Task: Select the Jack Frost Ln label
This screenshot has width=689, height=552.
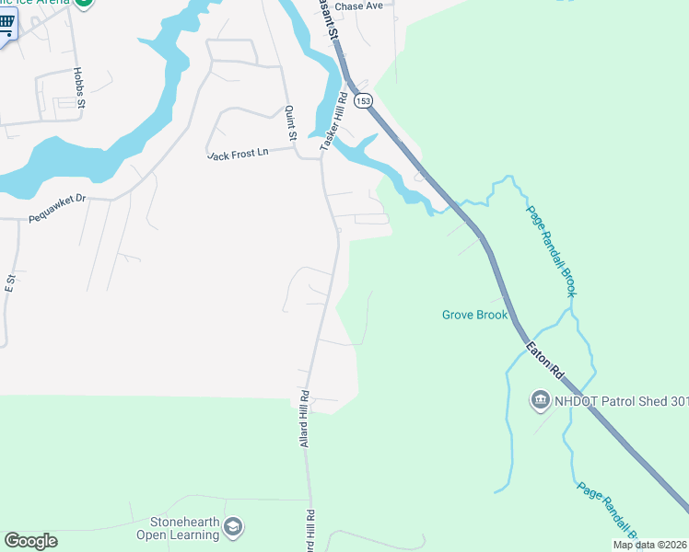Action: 238,155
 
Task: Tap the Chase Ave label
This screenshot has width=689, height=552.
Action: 358,6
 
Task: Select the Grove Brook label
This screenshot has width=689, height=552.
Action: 474,315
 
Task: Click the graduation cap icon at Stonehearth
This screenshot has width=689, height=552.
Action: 233,526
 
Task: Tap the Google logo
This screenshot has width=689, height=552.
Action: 30,541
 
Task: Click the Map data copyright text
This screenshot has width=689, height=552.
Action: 649,545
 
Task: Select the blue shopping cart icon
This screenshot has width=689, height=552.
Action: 6,25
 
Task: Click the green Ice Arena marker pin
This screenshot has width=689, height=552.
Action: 84,3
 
